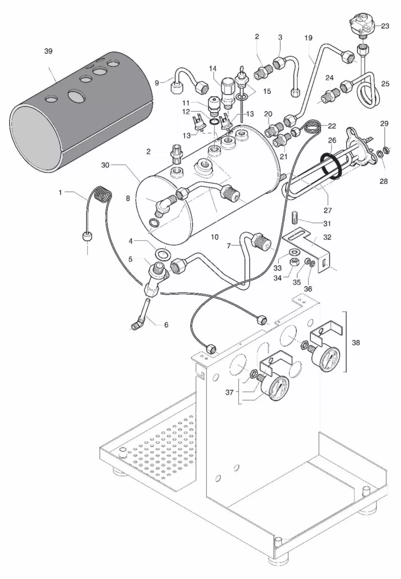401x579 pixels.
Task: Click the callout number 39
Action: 48,51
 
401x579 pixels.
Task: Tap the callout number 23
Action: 385,26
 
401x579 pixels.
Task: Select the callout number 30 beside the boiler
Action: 105,165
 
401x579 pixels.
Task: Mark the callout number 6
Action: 166,325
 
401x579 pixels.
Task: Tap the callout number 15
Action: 267,91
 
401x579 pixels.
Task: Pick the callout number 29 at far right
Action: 385,124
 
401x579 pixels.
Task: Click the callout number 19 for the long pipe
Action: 308,38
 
